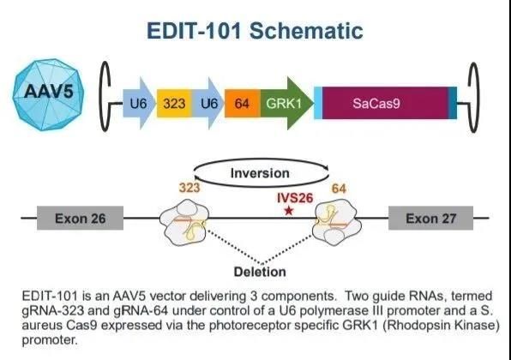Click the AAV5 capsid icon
tap(48, 94)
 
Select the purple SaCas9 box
tap(385, 103)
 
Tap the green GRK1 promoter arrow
tap(286, 103)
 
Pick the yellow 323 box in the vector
tap(174, 103)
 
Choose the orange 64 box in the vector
tap(243, 103)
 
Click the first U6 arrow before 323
tap(140, 103)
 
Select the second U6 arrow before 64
tap(208, 103)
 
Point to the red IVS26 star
tap(289, 211)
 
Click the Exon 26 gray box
tap(81, 218)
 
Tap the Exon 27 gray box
tap(430, 218)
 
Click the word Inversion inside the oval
tap(260, 173)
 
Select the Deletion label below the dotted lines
tap(260, 272)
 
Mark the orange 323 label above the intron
tap(189, 188)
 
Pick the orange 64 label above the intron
tap(339, 189)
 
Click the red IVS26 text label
tap(295, 198)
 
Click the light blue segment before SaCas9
tap(318, 103)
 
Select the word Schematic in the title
tap(306, 31)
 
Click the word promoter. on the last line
tap(50, 340)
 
